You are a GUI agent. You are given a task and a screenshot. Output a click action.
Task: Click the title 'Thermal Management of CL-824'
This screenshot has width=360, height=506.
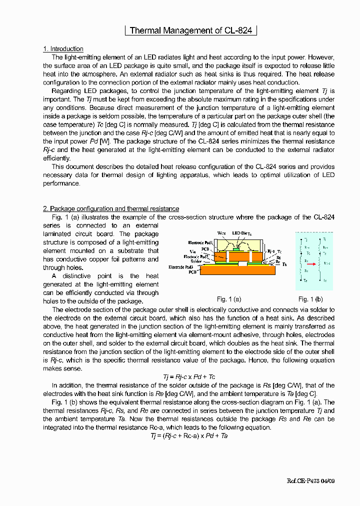pyautogui.click(x=190, y=30)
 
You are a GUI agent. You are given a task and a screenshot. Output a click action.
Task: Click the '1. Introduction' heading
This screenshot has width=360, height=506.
pyautogui.click(x=63, y=49)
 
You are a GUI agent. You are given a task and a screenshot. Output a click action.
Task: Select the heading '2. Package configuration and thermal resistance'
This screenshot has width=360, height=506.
pyautogui.click(x=111, y=208)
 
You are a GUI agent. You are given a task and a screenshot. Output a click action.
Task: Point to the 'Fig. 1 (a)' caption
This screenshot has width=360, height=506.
pyautogui.click(x=229, y=299)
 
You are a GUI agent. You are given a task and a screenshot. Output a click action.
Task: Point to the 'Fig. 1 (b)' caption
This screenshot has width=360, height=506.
pyautogui.click(x=310, y=299)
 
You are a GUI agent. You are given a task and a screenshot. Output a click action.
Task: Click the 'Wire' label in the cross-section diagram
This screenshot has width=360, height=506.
pyautogui.click(x=222, y=233)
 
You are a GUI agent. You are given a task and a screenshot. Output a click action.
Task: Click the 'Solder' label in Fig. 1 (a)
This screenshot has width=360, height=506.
pyautogui.click(x=196, y=261)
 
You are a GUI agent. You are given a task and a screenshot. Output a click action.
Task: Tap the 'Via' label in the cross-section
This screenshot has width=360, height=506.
pyautogui.click(x=192, y=251)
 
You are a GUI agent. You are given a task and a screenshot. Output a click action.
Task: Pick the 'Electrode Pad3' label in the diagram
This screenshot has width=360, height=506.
pyautogui.click(x=183, y=267)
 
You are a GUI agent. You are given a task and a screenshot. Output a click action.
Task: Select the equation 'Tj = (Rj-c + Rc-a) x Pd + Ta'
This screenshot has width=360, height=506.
pyautogui.click(x=189, y=435)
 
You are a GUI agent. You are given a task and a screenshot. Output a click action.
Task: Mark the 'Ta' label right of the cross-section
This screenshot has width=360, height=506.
pyautogui.click(x=284, y=264)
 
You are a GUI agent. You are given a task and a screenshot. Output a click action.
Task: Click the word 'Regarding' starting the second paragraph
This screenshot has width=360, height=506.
pyautogui.click(x=66, y=91)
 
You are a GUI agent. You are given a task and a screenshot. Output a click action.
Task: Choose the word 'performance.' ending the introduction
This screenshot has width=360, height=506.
pyautogui.click(x=61, y=183)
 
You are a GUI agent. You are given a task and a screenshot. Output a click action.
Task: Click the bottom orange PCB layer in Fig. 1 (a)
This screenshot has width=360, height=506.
pyautogui.click(x=235, y=270)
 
